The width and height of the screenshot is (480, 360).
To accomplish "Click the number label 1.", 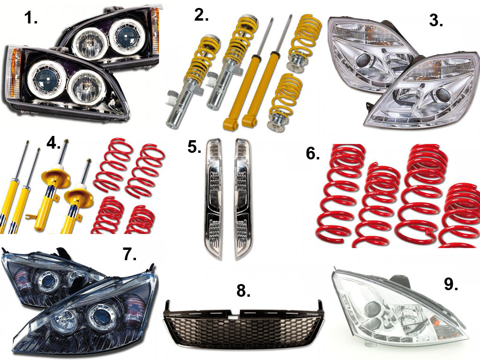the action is coord(30,18).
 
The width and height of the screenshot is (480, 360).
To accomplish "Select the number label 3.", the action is coord(435,21).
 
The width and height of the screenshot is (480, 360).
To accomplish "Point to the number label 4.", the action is coord(53,143).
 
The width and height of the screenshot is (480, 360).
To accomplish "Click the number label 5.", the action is coord(194,147).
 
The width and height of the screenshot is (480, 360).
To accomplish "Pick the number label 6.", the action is coord(313,154).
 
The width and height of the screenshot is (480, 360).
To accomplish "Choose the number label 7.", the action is coord(129,254).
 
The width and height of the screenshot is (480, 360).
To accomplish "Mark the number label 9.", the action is coord(451,285).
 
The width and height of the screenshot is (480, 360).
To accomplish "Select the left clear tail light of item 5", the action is coord(214,199).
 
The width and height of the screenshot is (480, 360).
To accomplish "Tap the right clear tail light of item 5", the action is coord(243,199).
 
